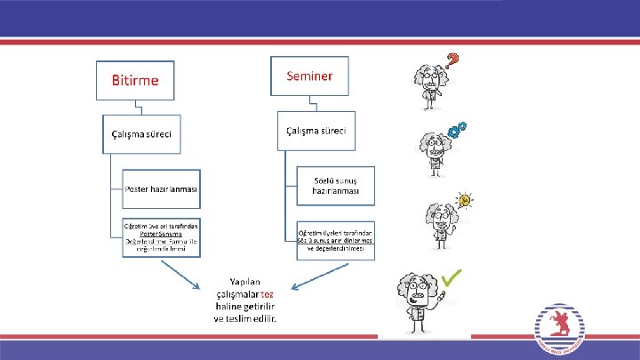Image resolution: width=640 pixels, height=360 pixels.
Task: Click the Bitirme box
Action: pyautogui.click(x=135, y=80)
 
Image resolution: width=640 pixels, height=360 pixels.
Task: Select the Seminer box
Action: pyautogui.click(x=309, y=76)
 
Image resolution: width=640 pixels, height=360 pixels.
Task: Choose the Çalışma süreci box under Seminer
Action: pyautogui.click(x=316, y=131)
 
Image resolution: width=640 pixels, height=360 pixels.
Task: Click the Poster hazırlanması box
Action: pyautogui.click(x=161, y=189)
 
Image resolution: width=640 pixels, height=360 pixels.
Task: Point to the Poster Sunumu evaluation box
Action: pyautogui.click(x=161, y=236)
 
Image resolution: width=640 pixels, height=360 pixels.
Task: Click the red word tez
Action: pyautogui.click(x=267, y=294)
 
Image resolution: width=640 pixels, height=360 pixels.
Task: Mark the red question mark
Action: pyautogui.click(x=452, y=61)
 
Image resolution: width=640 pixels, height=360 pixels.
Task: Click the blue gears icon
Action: pyautogui.click(x=458, y=130)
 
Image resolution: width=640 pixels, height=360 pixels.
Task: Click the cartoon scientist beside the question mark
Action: pyautogui.click(x=428, y=85)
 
